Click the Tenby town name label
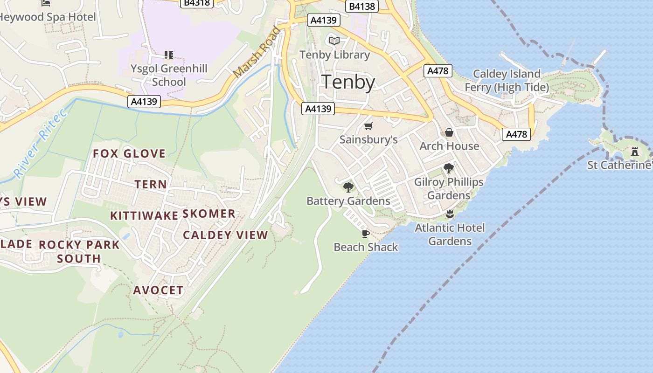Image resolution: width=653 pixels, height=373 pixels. click(348, 82)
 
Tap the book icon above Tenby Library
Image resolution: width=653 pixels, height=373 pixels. click(334, 41)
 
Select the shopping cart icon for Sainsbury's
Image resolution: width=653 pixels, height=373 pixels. click(368, 126)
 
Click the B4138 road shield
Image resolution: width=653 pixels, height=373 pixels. click(362, 6)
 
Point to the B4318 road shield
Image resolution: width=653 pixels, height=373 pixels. click(196, 3)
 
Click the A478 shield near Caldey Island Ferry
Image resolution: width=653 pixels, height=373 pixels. click(437, 71)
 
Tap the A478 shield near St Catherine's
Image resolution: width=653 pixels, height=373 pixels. click(516, 134)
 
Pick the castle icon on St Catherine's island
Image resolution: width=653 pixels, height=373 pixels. click(634, 151)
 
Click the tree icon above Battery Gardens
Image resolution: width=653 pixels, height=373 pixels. click(348, 187)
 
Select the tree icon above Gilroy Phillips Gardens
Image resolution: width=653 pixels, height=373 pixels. click(449, 168)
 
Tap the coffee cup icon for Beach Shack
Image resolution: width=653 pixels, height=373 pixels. click(365, 234)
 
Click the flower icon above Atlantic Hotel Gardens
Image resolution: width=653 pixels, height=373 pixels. click(450, 214)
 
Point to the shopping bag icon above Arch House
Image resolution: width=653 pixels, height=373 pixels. click(449, 132)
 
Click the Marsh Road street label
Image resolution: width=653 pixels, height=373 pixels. click(257, 53)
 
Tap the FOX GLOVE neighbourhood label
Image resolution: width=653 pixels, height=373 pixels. click(129, 153)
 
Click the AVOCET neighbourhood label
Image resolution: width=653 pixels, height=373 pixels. click(158, 290)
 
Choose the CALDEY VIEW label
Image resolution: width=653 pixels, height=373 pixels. click(225, 235)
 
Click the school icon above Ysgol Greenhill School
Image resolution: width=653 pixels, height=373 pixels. click(169, 55)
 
